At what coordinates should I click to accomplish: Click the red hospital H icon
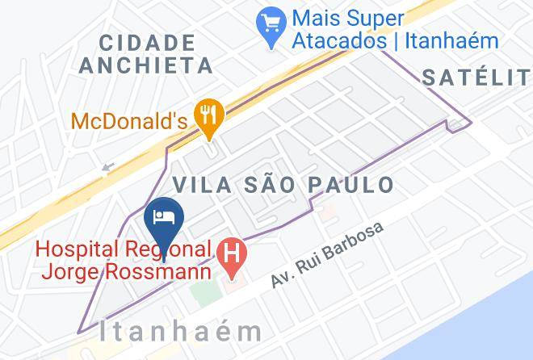tap(233, 253)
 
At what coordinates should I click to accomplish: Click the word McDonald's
tap(129, 122)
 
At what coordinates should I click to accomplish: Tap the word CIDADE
tap(149, 42)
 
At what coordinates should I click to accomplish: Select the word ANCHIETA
tap(146, 65)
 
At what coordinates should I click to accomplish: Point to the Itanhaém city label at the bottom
tap(182, 331)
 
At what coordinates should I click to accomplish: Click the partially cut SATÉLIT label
tap(476, 77)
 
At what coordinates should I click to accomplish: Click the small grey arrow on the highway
tap(108, 169)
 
